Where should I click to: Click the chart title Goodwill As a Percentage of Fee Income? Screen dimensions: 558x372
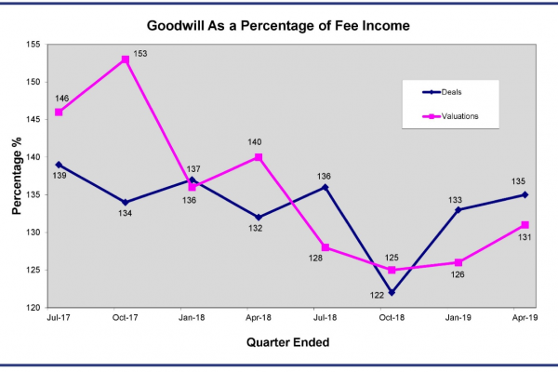[x=278, y=26]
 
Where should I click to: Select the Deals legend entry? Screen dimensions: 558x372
[x=442, y=92]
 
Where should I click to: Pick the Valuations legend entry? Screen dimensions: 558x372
[x=450, y=116]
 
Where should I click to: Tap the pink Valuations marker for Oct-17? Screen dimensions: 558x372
[x=126, y=60]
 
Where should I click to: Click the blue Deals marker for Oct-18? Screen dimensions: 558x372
[x=392, y=293]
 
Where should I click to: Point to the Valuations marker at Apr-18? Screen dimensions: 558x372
[x=259, y=157]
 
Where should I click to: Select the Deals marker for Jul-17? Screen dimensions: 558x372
[x=59, y=165]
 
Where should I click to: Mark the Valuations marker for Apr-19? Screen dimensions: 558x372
[x=525, y=225]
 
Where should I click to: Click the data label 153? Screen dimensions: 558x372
[x=140, y=54]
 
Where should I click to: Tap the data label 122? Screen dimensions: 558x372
[x=377, y=295]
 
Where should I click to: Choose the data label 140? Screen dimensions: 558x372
[x=255, y=142]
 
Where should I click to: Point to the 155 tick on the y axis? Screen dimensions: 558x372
[x=33, y=45]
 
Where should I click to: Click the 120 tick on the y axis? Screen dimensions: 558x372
[x=33, y=308]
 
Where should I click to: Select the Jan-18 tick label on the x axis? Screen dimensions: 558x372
[x=192, y=317]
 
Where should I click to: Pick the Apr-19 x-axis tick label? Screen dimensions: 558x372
[x=525, y=317]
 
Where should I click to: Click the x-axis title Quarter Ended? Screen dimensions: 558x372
[x=288, y=342]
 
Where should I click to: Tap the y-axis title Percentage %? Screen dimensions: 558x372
[x=17, y=176]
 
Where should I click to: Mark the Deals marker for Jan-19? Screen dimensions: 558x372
[x=458, y=209]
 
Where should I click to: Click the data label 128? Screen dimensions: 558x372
[x=315, y=259]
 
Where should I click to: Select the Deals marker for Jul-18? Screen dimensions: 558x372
[x=325, y=187]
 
